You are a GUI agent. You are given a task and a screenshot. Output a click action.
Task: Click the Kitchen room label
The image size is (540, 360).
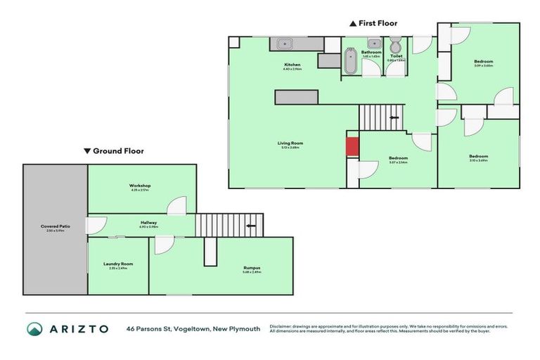292,65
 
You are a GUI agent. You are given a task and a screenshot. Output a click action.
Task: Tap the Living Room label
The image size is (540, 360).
290,143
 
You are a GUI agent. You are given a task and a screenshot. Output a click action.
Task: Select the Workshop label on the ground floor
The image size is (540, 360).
140,186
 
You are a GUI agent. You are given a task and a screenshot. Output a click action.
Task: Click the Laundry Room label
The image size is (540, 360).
118,264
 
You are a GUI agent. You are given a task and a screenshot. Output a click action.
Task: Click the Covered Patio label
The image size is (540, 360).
55,226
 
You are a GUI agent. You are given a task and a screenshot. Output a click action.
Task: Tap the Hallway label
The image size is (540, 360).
148,223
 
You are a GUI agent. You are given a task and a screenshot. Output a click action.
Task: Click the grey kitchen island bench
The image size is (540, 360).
297,97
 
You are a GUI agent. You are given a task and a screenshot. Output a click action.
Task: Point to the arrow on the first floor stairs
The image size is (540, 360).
394,117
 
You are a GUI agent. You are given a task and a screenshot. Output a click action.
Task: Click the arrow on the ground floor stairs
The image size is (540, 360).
251,226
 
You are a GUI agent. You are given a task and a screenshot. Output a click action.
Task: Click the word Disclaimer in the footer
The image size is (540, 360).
281,326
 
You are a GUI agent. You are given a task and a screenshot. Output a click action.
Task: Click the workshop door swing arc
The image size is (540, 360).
176,205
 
